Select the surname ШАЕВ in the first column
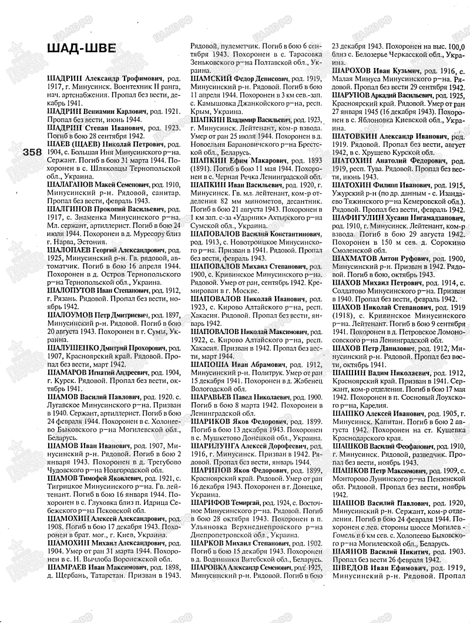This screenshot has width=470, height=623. (59, 143)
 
